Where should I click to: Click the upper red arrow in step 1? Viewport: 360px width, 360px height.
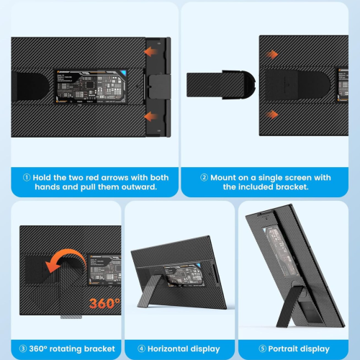pyautogui.click(x=151, y=52)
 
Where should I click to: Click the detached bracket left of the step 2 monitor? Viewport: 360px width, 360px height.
pyautogui.click(x=216, y=83)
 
